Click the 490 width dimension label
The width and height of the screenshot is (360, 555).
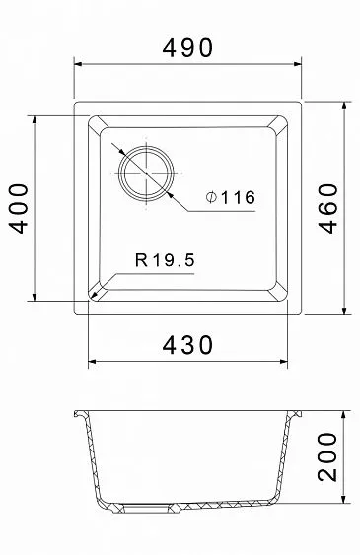point(187,47)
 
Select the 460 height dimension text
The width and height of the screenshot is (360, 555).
point(327,208)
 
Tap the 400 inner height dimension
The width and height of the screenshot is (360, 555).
point(18,208)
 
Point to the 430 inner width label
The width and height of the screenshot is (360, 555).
point(187,345)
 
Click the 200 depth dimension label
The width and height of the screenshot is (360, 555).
point(327,456)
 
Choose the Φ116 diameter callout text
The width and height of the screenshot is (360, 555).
point(231,197)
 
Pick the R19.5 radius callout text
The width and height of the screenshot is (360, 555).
point(165,260)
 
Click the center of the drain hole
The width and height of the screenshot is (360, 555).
point(147,173)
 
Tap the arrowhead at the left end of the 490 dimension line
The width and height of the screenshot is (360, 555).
point(78,64)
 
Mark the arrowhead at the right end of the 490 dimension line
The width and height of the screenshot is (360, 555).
point(297,64)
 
